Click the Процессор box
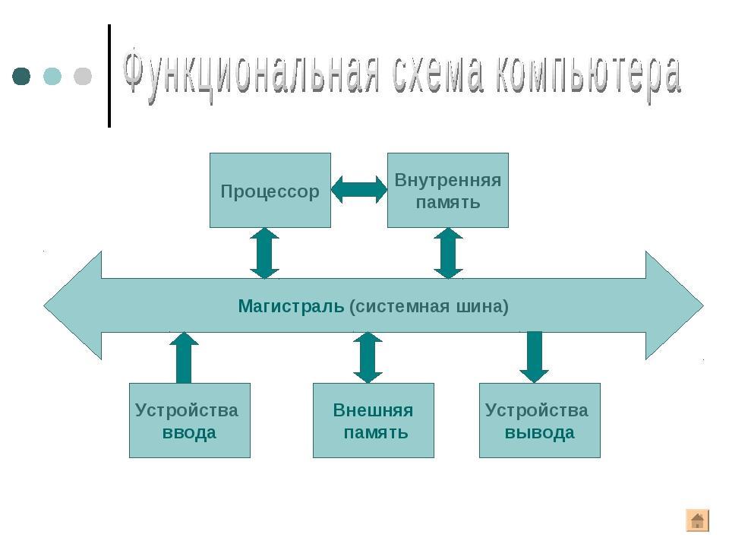point(270,190)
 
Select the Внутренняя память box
point(448,190)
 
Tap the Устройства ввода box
point(190,420)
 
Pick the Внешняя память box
point(374,420)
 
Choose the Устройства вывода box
point(540,420)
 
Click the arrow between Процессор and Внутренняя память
point(359,190)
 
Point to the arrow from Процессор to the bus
point(264,253)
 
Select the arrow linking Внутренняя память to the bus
point(448,253)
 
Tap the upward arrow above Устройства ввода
point(184,358)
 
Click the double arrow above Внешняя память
point(368,358)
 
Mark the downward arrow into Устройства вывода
point(534,357)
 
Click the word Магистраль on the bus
point(291,306)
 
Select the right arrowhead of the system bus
point(674,305)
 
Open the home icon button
point(697,520)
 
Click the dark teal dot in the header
point(21,76)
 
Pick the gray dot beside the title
point(83,76)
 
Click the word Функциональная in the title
point(251,74)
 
